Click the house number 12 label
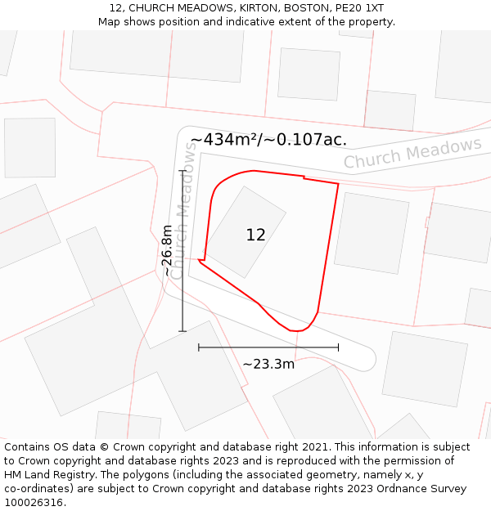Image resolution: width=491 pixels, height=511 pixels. (255, 235)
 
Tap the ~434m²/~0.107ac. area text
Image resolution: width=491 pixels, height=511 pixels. (268, 140)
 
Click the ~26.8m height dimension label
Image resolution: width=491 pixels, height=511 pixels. (167, 250)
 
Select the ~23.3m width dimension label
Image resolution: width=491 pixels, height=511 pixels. (268, 364)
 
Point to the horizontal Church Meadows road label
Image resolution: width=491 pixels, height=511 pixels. (412, 153)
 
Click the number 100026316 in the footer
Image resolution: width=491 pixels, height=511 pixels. (33, 503)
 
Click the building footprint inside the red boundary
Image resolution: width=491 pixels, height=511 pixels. (245, 231)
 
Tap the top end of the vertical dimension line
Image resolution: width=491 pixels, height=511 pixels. (182, 170)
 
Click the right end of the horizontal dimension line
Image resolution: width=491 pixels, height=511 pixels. (338, 347)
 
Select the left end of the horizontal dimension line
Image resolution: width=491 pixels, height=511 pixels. (199, 347)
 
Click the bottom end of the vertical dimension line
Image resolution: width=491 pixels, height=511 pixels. (182, 331)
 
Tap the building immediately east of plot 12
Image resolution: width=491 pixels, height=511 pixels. (371, 233)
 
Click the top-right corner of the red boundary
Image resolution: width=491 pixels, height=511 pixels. (338, 183)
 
